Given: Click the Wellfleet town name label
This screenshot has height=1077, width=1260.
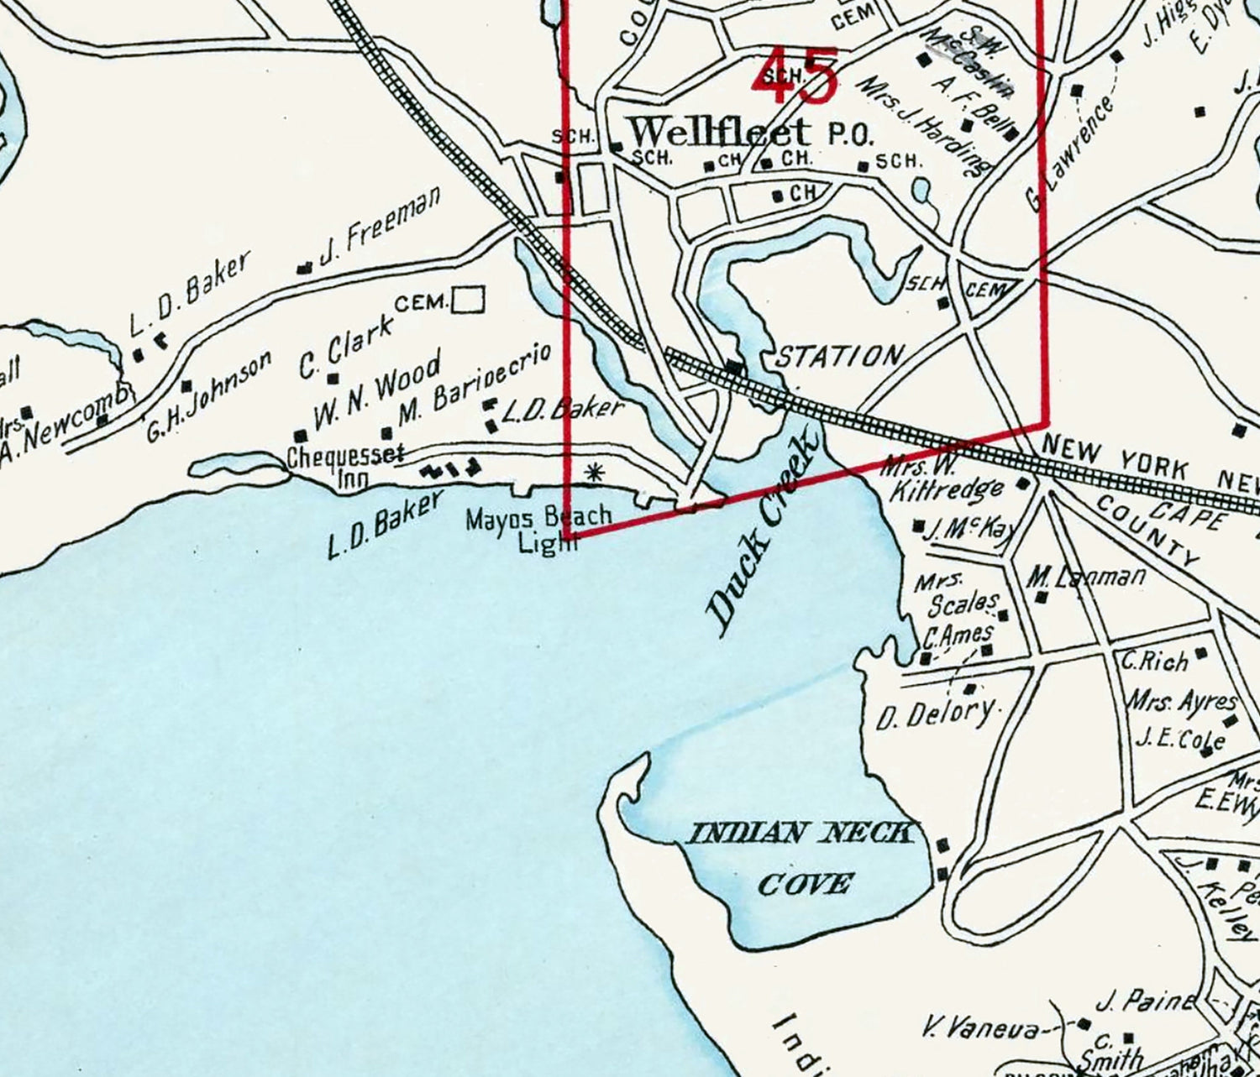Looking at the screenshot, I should [721, 132].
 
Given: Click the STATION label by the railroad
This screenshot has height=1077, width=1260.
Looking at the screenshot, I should [837, 356].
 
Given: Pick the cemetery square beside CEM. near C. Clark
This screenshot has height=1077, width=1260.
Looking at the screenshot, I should [468, 300].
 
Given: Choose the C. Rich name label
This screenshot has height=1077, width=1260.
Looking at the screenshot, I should [1154, 660].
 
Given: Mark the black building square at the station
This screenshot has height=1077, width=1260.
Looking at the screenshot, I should [735, 368].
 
